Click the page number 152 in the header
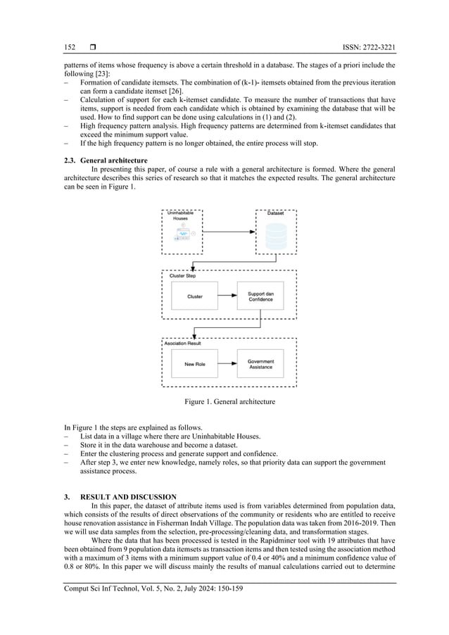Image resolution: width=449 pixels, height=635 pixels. point(70,47)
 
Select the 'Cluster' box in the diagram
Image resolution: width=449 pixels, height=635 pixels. point(195,296)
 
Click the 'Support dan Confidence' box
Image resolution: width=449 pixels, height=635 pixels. point(260,296)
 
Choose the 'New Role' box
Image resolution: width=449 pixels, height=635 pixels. point(195,364)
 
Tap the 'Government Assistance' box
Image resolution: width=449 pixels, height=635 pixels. point(260,364)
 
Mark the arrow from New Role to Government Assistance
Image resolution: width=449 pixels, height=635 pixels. point(227,364)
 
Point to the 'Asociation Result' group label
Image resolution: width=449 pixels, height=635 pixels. point(186,344)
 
